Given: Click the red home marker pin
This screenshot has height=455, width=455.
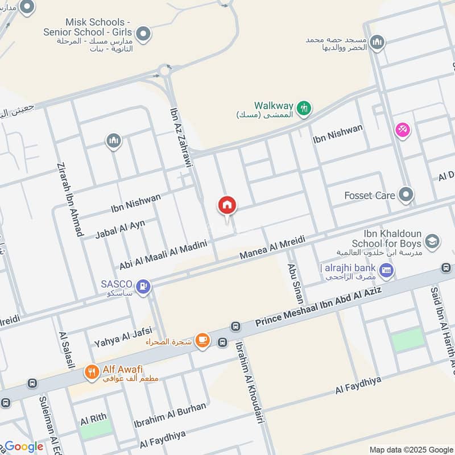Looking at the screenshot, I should tap(227, 206).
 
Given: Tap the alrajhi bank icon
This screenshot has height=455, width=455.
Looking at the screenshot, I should tap(387, 270).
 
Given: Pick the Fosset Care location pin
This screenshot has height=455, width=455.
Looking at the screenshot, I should tap(406, 196).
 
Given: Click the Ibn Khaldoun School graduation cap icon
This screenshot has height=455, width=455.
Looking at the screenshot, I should tap(432, 242).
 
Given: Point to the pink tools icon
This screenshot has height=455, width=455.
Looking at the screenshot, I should tap(403, 130).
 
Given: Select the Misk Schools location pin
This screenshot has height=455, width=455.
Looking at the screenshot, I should tap(144, 34).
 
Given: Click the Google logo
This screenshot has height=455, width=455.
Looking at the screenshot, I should tap(24, 446).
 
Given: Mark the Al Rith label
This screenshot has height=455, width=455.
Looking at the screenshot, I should tap(93, 419).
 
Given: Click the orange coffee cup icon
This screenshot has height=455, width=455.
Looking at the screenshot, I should tap(202, 341).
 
